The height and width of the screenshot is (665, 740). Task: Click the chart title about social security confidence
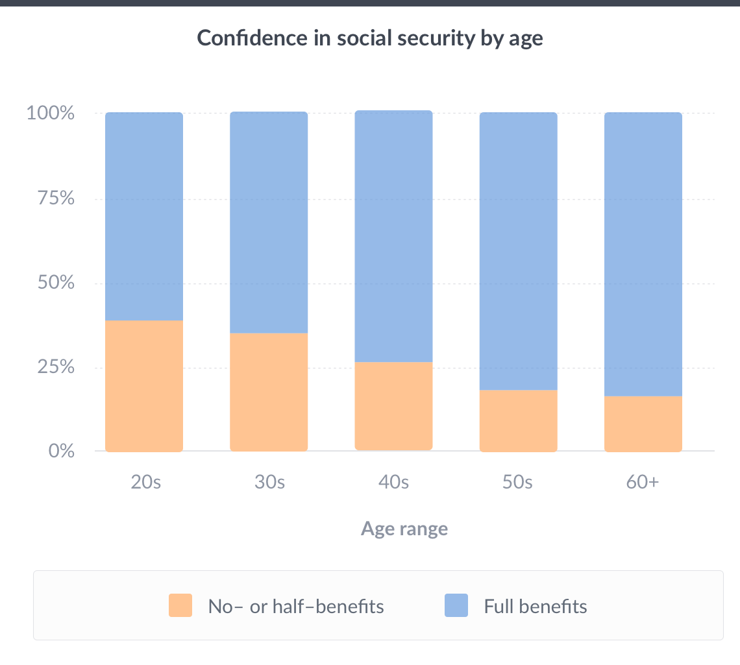(x=370, y=38)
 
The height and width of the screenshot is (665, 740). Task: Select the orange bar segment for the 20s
(x=144, y=386)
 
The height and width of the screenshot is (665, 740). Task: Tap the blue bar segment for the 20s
(x=144, y=216)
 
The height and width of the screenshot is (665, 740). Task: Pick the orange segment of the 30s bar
(x=269, y=392)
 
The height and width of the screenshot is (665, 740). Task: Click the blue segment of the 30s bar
(x=269, y=222)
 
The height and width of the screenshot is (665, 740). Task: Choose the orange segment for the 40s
(x=393, y=406)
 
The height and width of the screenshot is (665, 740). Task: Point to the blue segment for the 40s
(x=393, y=236)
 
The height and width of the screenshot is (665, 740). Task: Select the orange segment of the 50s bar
(x=519, y=420)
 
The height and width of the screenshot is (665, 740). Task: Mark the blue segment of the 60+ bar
(x=643, y=254)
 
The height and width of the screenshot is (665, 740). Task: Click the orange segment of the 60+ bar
(x=643, y=424)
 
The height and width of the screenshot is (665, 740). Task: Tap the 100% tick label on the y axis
(x=51, y=114)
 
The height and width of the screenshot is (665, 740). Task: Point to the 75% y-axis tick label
(x=54, y=199)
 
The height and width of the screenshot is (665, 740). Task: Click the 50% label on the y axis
(x=54, y=284)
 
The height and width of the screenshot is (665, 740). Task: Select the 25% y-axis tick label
(x=54, y=368)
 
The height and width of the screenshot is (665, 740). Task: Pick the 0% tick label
(x=61, y=451)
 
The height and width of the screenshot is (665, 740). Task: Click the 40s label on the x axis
(x=393, y=483)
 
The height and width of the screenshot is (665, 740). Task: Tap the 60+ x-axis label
(x=643, y=483)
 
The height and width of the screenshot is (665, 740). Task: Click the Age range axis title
(x=404, y=529)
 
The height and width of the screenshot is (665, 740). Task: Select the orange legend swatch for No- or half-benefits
(x=180, y=605)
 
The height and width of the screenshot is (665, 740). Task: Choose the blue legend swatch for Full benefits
(x=456, y=605)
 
